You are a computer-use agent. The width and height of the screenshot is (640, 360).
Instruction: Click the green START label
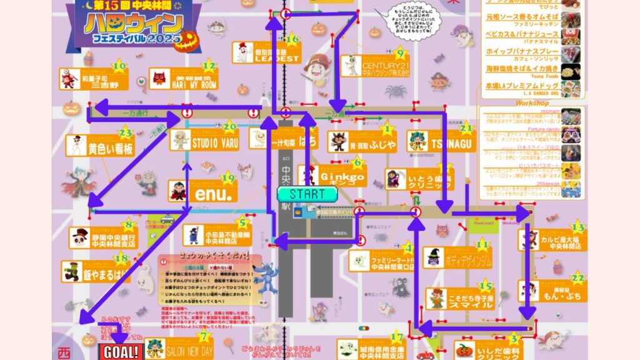307,194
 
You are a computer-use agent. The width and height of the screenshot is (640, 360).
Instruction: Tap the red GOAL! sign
120,351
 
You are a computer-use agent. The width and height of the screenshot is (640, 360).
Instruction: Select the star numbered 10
119,66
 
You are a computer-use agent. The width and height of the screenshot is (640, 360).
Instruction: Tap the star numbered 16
291,40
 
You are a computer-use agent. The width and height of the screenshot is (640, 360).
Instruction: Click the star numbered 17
396,337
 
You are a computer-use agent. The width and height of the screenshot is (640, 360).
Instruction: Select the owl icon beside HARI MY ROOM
159,79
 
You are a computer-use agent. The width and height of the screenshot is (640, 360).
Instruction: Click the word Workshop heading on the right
532,103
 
